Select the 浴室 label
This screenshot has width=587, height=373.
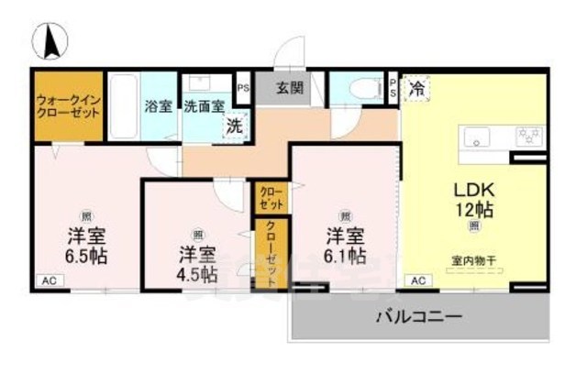[157, 104]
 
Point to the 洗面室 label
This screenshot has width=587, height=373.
[204, 105]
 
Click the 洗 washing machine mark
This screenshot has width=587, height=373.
[236, 126]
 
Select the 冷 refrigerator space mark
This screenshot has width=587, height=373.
[416, 88]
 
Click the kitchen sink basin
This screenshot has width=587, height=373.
[477, 137]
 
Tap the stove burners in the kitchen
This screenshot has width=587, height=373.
[527, 137]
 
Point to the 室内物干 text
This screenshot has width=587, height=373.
[473, 259]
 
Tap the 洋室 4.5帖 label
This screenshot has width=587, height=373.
[197, 262]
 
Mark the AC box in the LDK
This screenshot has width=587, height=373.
[417, 280]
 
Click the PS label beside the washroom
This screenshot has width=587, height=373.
[243, 89]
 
